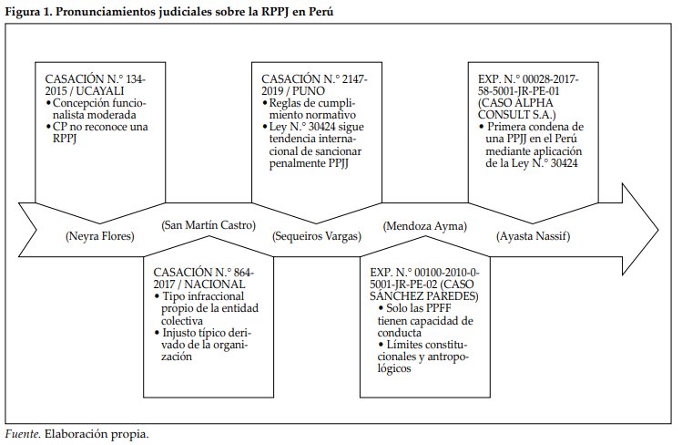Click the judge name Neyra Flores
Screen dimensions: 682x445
point(100,236)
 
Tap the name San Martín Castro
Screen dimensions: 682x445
point(209,225)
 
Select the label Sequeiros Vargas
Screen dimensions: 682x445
point(317,236)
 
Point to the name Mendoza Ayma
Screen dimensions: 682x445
point(425,226)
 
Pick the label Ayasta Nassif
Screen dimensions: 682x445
point(534,236)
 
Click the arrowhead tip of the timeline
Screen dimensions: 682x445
point(658,230)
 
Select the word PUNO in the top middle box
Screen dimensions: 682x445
point(309,91)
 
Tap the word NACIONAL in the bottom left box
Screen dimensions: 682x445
point(215,285)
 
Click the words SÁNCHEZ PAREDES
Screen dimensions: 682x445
point(424,296)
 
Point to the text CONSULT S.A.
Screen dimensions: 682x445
point(516,115)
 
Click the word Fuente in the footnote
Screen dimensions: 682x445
point(23,434)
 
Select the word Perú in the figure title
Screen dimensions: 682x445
point(321,12)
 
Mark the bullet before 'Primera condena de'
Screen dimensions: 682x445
point(482,127)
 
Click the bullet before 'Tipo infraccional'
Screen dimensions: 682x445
point(157,296)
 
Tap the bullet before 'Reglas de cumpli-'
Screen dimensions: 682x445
point(264,103)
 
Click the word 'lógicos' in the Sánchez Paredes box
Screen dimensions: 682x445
point(394,368)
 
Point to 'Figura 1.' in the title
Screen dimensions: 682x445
point(28,12)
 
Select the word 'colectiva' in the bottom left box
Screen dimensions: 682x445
point(182,321)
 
